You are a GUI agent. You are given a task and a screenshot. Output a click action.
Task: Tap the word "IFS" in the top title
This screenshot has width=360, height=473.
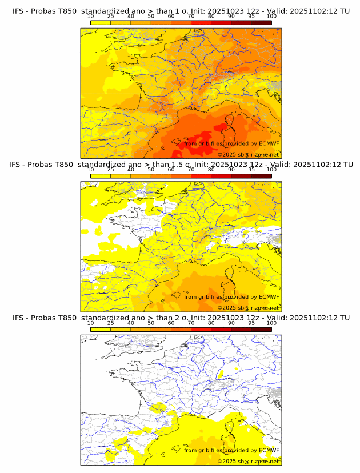[x=19, y=11]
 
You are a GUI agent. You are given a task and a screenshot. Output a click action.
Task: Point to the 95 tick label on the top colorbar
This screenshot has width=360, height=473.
[x=251, y=16]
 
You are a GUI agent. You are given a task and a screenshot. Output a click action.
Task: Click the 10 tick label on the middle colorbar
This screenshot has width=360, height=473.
[x=90, y=169]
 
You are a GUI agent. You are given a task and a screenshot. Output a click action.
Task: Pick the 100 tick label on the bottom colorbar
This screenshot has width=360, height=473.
[x=271, y=322]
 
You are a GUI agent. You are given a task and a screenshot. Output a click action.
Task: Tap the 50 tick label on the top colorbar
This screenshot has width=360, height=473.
[x=151, y=16]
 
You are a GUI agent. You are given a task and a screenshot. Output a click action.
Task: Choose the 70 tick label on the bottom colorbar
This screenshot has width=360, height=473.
[x=191, y=322]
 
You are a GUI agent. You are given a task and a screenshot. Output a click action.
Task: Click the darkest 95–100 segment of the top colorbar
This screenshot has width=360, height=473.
[x=262, y=22]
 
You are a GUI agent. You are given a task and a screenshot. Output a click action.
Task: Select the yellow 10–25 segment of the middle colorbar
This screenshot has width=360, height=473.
[x=101, y=175]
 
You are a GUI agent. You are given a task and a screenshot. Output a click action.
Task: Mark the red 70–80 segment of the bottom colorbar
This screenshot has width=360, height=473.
[x=201, y=328]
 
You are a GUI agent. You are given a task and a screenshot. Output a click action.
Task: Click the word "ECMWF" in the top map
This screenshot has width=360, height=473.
[x=269, y=144]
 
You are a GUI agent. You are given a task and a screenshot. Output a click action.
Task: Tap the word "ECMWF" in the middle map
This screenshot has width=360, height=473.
[x=269, y=297]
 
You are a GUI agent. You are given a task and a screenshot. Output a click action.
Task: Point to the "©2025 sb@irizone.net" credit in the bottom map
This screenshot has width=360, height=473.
[x=248, y=461]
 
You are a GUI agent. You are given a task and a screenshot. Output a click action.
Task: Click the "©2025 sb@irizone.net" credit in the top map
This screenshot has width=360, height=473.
[x=248, y=155]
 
